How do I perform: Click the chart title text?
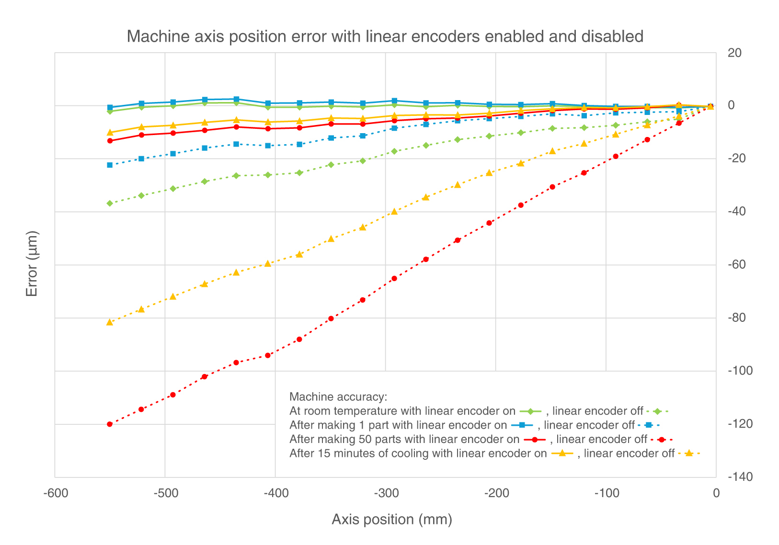tap(385, 36)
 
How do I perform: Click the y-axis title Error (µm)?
tap(32, 264)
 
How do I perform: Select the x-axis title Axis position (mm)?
tap(391, 520)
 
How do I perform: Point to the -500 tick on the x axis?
tap(165, 493)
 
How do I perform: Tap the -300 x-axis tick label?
tap(385, 493)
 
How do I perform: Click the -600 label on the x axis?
tap(55, 493)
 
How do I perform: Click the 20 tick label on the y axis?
tap(734, 53)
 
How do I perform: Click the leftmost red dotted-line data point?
tap(110, 424)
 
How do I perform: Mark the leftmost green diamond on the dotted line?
tap(110, 204)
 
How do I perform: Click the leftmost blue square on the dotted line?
tap(110, 165)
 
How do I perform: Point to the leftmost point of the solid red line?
tap(110, 141)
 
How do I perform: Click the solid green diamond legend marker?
tap(530, 411)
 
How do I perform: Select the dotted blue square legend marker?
tap(649, 425)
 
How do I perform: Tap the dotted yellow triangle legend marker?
tap(689, 453)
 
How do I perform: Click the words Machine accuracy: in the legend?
tap(338, 397)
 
